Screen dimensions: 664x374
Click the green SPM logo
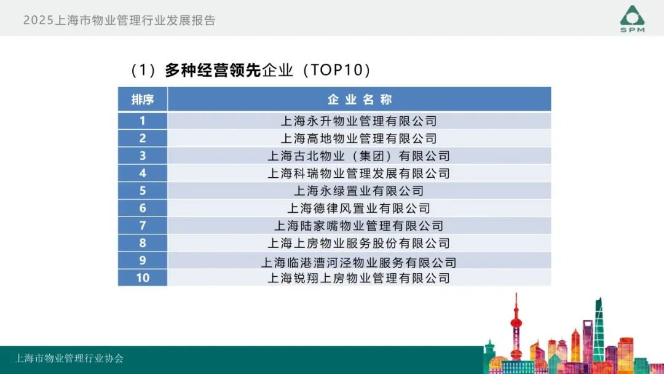(x=632, y=18)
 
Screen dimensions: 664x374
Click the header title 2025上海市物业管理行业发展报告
(x=119, y=20)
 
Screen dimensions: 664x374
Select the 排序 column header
(x=142, y=99)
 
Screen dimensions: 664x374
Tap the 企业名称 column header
(x=359, y=99)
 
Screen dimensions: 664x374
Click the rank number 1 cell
(x=142, y=121)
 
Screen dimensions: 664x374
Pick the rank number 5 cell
(x=142, y=191)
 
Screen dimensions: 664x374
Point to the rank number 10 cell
(x=142, y=277)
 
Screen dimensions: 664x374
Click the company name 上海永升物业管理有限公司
(x=358, y=121)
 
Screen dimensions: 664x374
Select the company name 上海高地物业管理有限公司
(x=358, y=138)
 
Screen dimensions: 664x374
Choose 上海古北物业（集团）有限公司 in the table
(x=358, y=156)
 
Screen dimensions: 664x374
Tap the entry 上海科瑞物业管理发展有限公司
(x=358, y=173)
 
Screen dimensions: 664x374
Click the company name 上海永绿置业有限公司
(x=358, y=191)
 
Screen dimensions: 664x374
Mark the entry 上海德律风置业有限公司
(x=358, y=209)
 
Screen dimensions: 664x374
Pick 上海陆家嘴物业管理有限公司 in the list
(x=358, y=226)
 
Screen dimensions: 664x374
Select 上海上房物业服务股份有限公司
(x=358, y=243)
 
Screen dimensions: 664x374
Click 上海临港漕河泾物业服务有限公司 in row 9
(x=358, y=263)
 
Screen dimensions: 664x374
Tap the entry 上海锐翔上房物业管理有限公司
(x=358, y=278)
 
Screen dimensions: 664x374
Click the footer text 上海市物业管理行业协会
(x=69, y=359)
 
